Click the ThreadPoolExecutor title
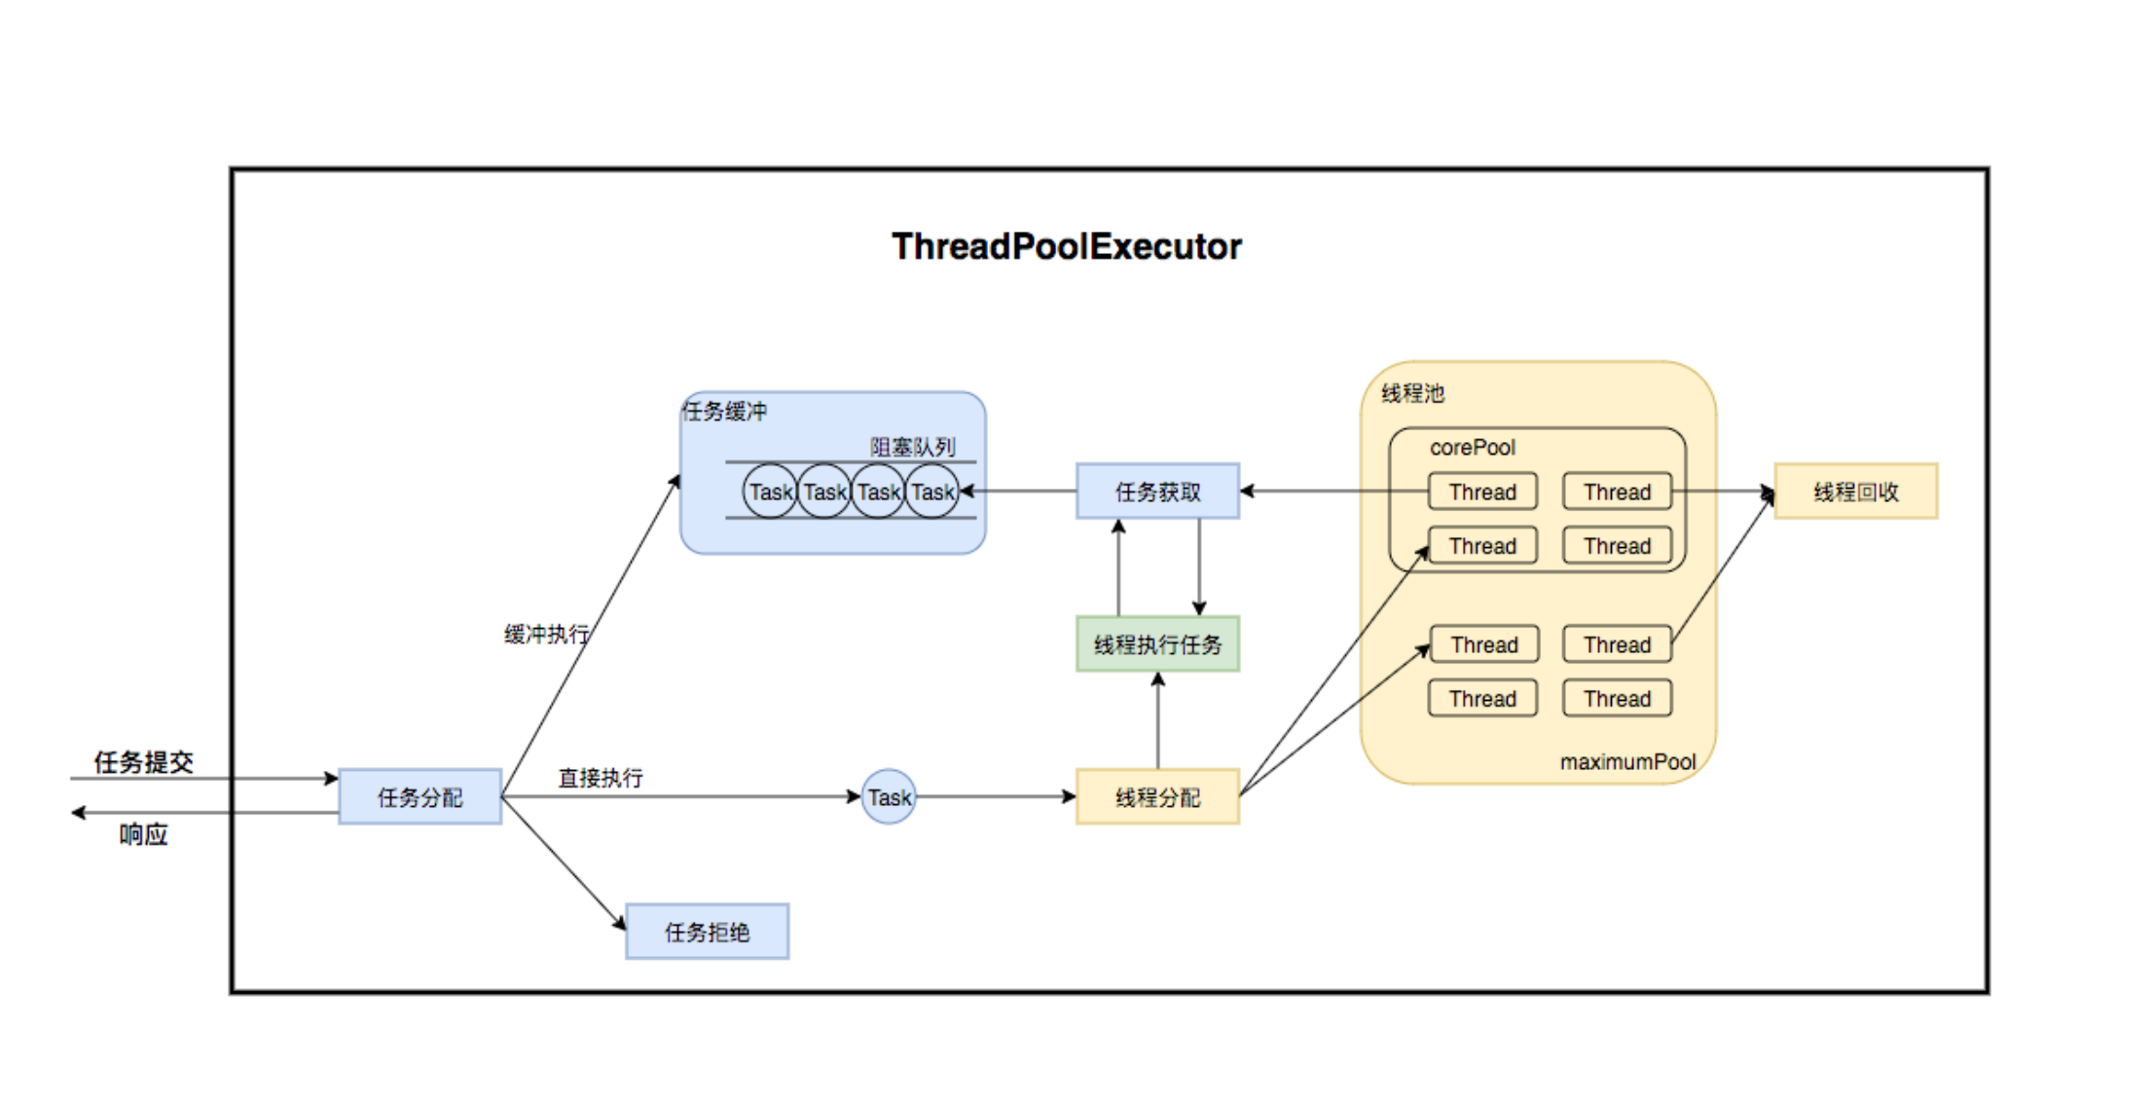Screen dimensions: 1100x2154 (x=1066, y=247)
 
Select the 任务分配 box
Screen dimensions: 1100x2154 (x=420, y=797)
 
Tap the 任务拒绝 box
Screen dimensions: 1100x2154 (x=707, y=932)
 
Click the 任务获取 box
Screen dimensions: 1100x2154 (x=1157, y=492)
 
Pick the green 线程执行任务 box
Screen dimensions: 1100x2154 (x=1157, y=644)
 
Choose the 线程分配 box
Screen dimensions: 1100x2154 (x=1157, y=797)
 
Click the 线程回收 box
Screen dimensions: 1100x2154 (x=1855, y=492)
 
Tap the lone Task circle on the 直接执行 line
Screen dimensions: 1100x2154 (x=889, y=797)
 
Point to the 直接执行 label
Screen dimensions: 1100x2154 (x=600, y=778)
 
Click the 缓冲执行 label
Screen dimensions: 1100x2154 (x=546, y=635)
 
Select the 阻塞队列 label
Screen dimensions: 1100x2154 (x=912, y=447)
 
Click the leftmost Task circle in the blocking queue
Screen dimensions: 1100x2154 (x=771, y=492)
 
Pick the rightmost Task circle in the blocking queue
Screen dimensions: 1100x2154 (x=932, y=492)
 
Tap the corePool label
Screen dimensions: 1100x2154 (x=1472, y=448)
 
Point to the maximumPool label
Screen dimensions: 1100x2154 (x=1627, y=762)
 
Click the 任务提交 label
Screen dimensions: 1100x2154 (x=143, y=762)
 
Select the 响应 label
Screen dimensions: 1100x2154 (x=143, y=834)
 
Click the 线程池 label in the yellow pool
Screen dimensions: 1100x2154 (x=1412, y=393)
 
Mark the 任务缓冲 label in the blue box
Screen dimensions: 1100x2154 (x=724, y=411)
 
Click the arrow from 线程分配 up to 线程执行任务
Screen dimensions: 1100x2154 (x=1157, y=720)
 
